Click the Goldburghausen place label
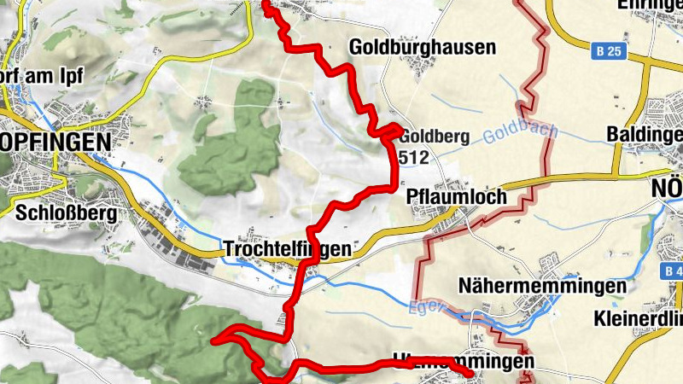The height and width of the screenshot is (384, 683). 422,48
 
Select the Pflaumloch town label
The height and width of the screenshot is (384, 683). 456,196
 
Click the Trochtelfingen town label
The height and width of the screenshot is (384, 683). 286,249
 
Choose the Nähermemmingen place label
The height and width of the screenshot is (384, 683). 524,285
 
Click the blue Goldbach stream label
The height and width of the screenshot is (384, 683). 520,133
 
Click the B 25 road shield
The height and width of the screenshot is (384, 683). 610,52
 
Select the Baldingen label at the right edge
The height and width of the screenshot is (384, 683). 644,135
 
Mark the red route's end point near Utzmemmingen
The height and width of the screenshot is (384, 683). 471,372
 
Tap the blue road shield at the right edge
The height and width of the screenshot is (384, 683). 672,271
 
